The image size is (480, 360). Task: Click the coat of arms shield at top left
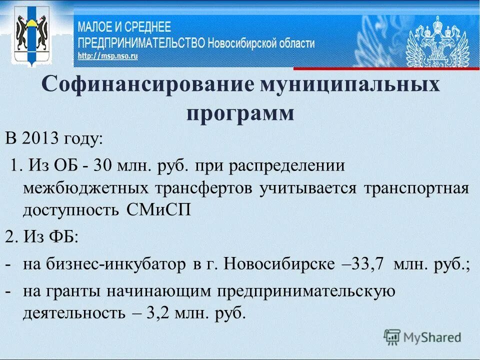tap(31, 35)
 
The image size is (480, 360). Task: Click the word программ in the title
tap(240, 113)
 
